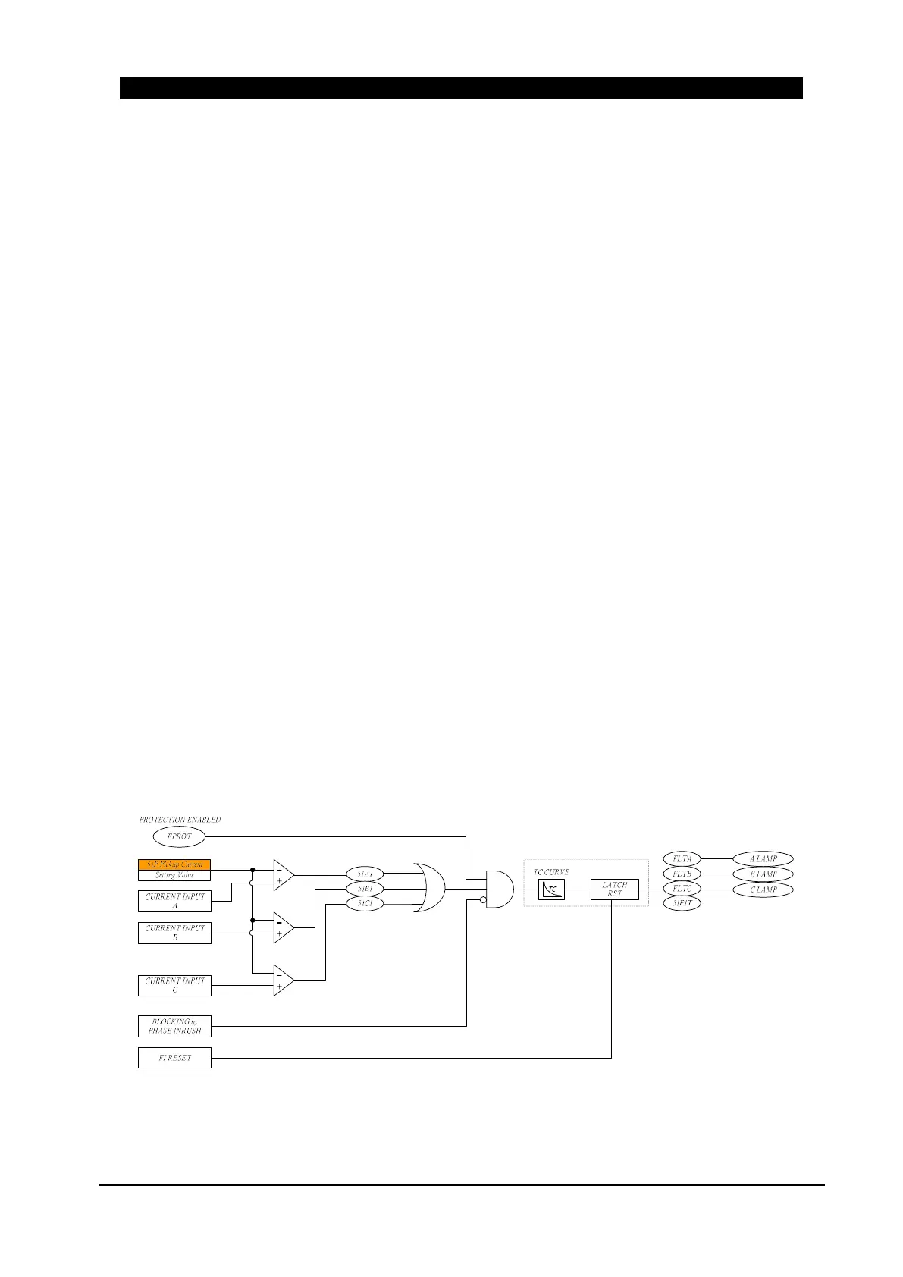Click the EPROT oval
point(179,836)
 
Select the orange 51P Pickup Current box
point(174,864)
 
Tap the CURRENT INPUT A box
point(174,901)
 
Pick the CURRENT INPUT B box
point(174,933)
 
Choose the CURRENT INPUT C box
point(174,986)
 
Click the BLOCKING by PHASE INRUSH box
point(174,1026)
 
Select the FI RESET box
point(174,1058)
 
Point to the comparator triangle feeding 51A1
point(282,874)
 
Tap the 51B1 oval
point(365,889)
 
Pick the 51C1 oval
point(365,904)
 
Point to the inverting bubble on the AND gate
point(483,900)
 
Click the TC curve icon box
point(551,889)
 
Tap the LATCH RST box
point(614,889)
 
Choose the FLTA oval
point(682,859)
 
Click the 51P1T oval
point(682,903)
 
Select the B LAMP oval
point(763,874)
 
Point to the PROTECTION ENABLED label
point(180,820)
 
